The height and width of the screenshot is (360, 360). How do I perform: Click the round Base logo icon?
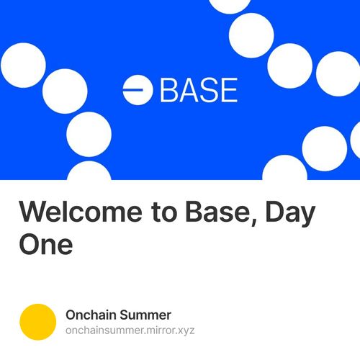(x=138, y=89)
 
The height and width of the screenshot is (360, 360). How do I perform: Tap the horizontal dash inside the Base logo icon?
(x=135, y=89)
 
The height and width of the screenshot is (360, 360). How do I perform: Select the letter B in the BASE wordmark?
(x=170, y=89)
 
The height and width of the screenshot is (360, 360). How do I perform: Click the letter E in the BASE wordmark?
(x=228, y=89)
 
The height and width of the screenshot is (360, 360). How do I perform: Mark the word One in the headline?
(x=45, y=245)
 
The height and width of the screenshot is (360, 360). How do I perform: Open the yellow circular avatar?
(x=37, y=322)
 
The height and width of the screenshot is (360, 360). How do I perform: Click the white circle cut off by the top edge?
(x=230, y=4)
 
